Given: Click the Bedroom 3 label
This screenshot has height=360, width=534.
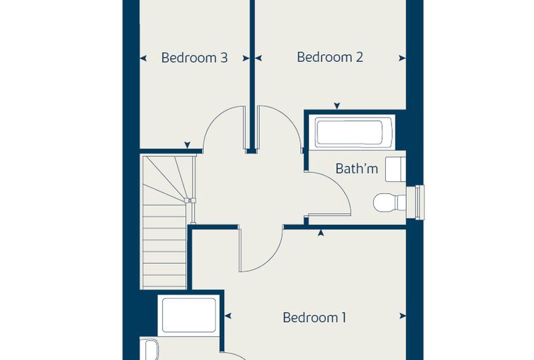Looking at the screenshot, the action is (x=194, y=58).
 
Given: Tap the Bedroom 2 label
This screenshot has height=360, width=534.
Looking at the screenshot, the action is (x=330, y=57).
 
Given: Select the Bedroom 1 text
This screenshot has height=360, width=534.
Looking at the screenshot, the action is (x=314, y=317).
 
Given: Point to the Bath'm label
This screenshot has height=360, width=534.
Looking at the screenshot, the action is (x=356, y=169).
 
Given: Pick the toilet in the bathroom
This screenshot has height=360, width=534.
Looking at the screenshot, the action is (x=389, y=202).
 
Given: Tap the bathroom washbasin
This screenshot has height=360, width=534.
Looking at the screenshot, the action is (x=396, y=169).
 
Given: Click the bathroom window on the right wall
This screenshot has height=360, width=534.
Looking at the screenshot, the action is (x=419, y=202).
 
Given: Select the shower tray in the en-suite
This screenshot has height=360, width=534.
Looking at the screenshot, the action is (x=189, y=315).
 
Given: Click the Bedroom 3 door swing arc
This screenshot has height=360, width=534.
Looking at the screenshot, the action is (x=214, y=117).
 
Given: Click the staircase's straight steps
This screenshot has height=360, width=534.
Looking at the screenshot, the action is (x=164, y=246).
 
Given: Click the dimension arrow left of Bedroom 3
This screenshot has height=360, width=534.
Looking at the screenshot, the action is (x=143, y=58).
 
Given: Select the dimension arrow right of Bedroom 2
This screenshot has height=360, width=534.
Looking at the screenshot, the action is (x=402, y=58).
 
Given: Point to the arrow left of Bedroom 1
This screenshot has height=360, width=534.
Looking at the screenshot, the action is (x=228, y=316).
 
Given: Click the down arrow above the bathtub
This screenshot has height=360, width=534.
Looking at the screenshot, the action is (x=337, y=105).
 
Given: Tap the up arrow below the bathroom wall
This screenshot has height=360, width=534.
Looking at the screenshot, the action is (x=320, y=233).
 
